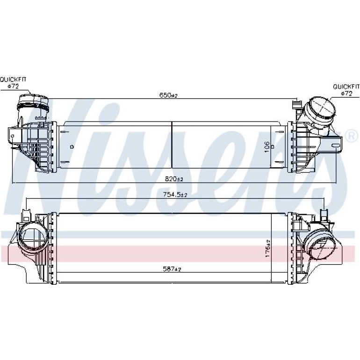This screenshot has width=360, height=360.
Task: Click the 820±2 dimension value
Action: pos(174,179)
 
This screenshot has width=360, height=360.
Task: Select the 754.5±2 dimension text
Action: pos(175,194)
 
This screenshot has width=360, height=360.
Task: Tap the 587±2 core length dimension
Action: pos(172,269)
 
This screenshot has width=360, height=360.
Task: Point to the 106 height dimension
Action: pos(267,147)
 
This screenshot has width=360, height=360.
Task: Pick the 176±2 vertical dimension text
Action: pos(268,248)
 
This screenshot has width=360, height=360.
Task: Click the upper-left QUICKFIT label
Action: pos(13,79)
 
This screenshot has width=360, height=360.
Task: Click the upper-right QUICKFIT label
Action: pos(346,87)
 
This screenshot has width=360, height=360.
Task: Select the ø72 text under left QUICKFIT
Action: pos(13,86)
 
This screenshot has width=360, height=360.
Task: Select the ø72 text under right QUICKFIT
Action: pos(346,94)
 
